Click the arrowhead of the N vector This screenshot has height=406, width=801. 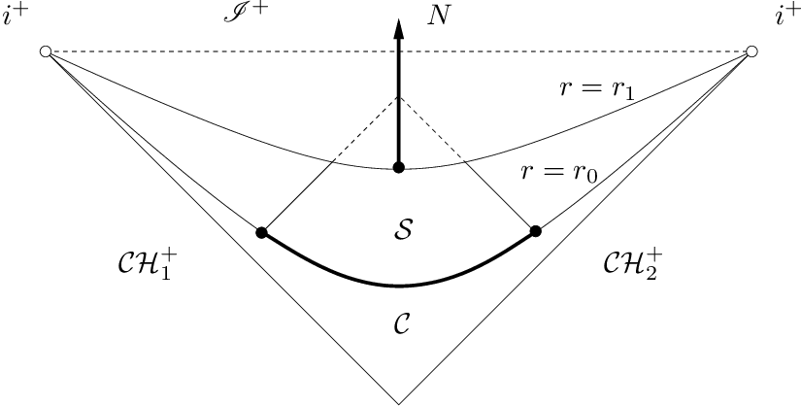(x=398, y=29)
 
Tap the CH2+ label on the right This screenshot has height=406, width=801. (x=634, y=265)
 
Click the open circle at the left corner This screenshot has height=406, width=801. (x=45, y=51)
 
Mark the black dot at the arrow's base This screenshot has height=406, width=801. (x=398, y=168)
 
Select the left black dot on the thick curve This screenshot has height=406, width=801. (x=260, y=232)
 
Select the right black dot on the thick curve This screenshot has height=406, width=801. (x=535, y=231)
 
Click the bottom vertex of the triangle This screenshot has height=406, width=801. (x=398, y=402)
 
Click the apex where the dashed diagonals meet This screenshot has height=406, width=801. (x=398, y=96)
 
